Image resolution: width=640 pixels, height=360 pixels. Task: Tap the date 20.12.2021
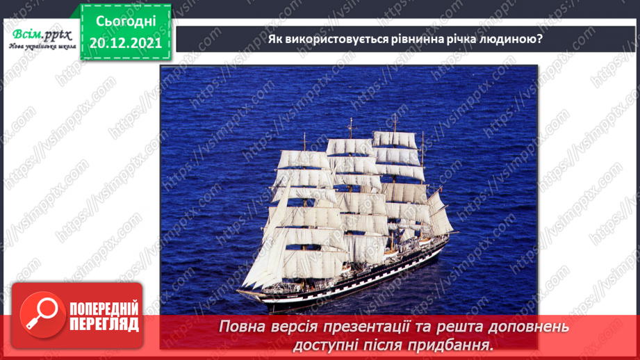tap(126, 43)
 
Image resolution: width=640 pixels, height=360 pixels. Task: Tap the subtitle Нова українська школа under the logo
tap(42, 47)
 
